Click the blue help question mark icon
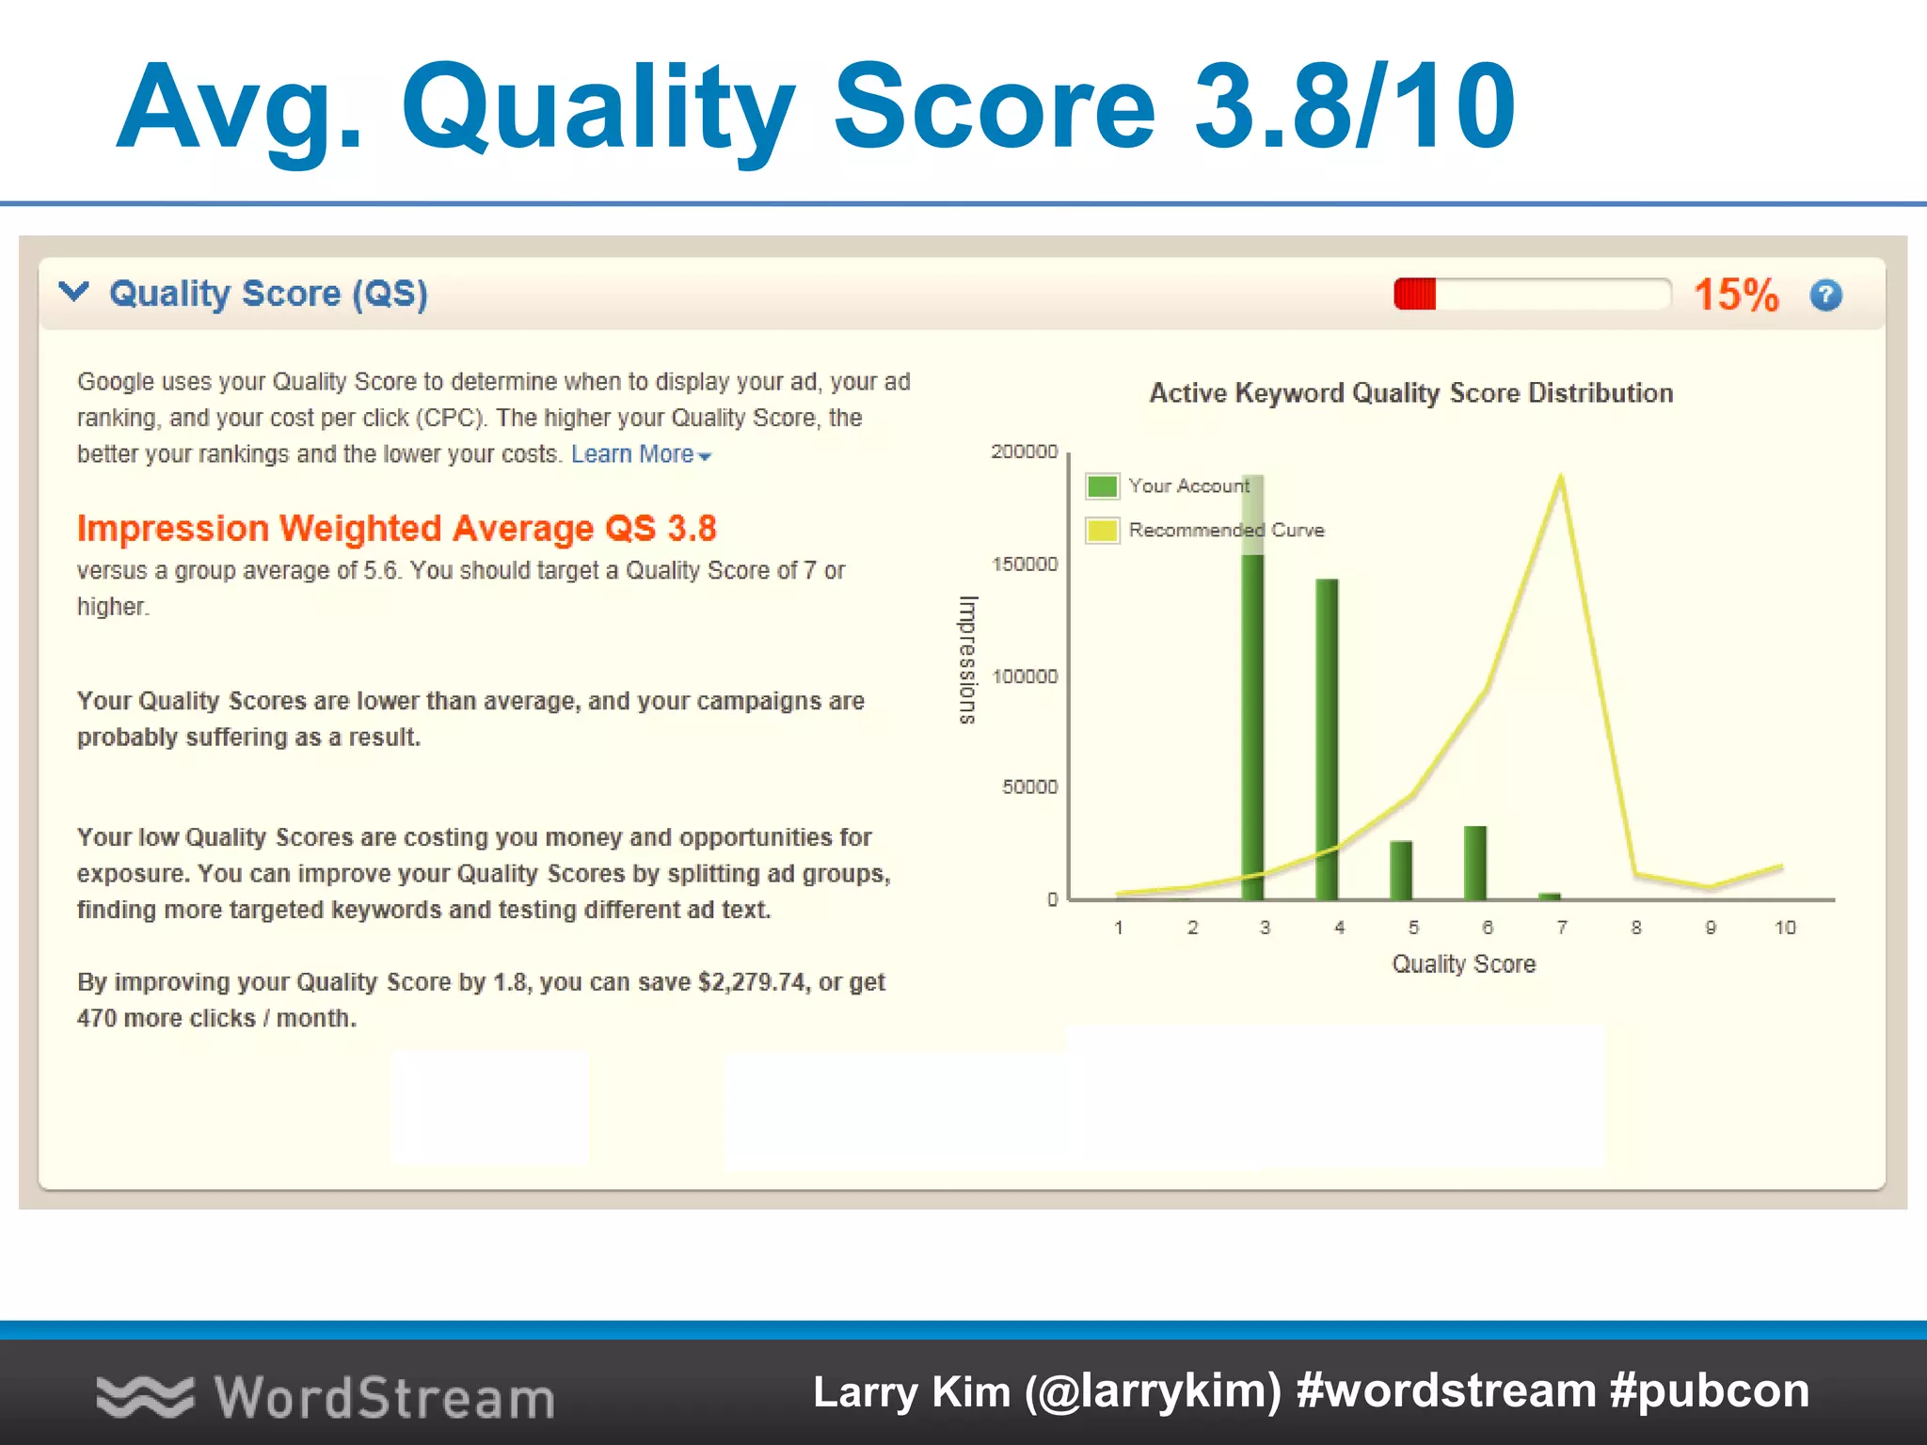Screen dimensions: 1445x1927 [1825, 295]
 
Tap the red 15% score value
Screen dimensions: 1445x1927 [1736, 295]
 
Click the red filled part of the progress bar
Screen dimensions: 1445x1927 [1414, 294]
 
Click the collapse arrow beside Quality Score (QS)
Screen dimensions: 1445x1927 [73, 292]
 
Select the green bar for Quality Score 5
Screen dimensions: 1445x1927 [1400, 870]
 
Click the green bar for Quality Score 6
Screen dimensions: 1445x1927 [1474, 863]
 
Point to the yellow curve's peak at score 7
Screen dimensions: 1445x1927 [1561, 477]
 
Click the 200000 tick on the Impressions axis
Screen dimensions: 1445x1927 [1024, 452]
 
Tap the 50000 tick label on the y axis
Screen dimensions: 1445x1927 [1029, 786]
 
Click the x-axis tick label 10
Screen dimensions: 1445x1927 [1784, 928]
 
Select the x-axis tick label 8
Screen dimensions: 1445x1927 [1636, 928]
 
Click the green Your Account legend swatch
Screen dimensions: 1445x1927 [1102, 486]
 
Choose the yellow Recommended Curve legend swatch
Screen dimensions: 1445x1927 [1102, 531]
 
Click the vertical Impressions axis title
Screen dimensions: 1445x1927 [967, 659]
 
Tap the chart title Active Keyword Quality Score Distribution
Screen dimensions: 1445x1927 [1410, 393]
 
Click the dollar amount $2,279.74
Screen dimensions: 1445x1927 [752, 982]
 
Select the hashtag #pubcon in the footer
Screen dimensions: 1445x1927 [1709, 1391]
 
